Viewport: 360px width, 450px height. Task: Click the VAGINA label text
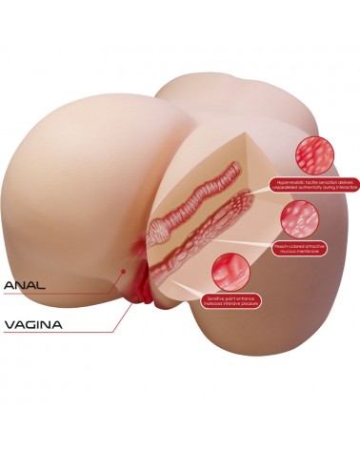pyautogui.click(x=33, y=324)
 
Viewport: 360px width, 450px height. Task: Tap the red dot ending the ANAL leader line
pyautogui.click(x=121, y=270)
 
